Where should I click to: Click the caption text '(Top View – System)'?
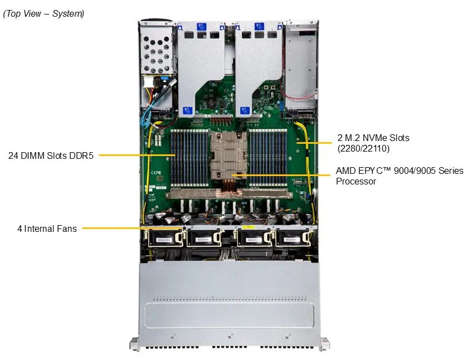43,13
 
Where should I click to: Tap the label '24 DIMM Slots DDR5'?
51,155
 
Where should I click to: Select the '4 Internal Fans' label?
47,228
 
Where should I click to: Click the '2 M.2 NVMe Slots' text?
373,138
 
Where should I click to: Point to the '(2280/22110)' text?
363,148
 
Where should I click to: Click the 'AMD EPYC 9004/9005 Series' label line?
399,171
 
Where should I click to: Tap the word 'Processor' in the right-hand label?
356,181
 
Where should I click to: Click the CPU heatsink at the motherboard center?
228,155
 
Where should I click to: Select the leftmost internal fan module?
165,239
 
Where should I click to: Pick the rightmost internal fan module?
293,239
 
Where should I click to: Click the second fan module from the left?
203,239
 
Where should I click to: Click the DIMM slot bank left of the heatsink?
189,158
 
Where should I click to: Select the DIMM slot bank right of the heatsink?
267,158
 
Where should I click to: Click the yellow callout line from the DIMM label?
137,155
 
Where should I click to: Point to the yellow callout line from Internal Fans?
133,228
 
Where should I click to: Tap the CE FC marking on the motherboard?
156,173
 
